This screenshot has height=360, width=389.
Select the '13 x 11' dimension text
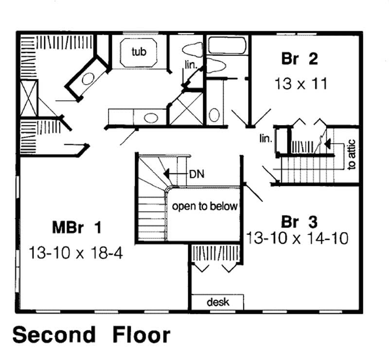point(300,83)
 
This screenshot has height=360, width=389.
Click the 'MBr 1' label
point(78,227)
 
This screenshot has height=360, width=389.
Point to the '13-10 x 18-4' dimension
point(77,252)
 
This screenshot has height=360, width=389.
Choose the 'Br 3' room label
point(300,222)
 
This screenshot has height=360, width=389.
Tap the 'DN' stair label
point(195,173)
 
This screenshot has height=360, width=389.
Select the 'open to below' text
point(204,206)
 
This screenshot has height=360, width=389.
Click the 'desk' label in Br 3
point(218,302)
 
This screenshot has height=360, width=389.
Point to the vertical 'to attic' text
point(352,155)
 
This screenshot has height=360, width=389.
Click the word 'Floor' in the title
point(141,335)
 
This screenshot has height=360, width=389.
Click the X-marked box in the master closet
point(28,99)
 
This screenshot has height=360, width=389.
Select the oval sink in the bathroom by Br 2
point(214,115)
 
